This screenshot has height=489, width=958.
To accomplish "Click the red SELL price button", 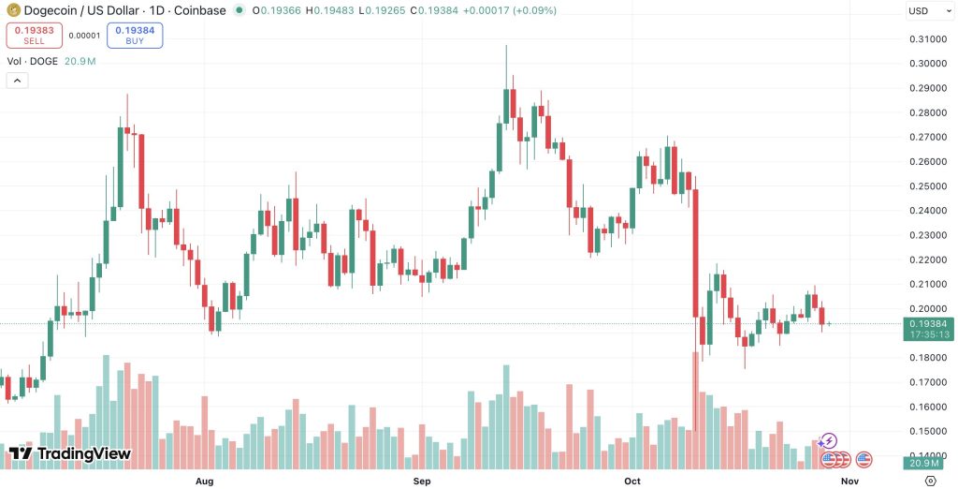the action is (35, 35).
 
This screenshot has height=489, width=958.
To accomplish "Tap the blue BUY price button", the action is (135, 35).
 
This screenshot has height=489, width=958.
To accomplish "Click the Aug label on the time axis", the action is (204, 482).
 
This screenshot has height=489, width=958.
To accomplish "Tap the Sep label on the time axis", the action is (422, 482).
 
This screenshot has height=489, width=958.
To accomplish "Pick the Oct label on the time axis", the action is (632, 482).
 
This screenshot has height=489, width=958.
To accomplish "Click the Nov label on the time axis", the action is (849, 482).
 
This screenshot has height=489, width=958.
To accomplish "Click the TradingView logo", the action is (69, 453).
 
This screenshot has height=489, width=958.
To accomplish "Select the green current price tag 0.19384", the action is (928, 329).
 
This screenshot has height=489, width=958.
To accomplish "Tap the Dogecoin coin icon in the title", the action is (13, 10).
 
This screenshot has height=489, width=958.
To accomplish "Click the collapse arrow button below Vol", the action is (17, 81).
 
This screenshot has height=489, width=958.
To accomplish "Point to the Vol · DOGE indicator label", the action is (33, 61).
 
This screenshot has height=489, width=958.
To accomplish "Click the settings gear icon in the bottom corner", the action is (931, 481).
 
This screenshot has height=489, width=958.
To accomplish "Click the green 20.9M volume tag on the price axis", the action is (928, 464).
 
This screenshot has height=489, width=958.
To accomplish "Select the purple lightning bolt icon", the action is (827, 440).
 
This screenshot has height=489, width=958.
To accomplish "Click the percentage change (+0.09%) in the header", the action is (536, 10).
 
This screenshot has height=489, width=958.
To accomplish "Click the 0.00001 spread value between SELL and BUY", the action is (84, 36).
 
